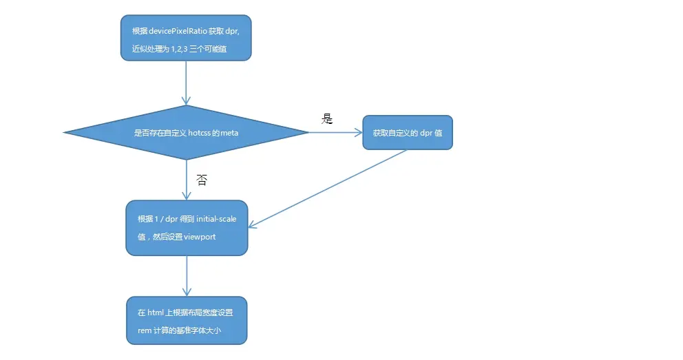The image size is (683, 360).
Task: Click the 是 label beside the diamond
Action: click(327, 118)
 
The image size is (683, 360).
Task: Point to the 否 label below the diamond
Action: click(202, 180)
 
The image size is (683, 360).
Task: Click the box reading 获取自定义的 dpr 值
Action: click(408, 133)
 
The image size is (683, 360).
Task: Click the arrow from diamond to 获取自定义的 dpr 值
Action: click(335, 133)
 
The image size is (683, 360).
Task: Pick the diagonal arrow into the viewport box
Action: click(327, 188)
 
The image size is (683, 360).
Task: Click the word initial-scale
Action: click(216, 219)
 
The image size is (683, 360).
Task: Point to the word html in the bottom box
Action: click(155, 313)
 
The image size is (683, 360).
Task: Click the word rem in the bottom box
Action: click(144, 330)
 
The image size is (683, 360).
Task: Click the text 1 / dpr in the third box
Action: click(167, 219)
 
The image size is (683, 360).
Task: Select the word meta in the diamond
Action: click(229, 133)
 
